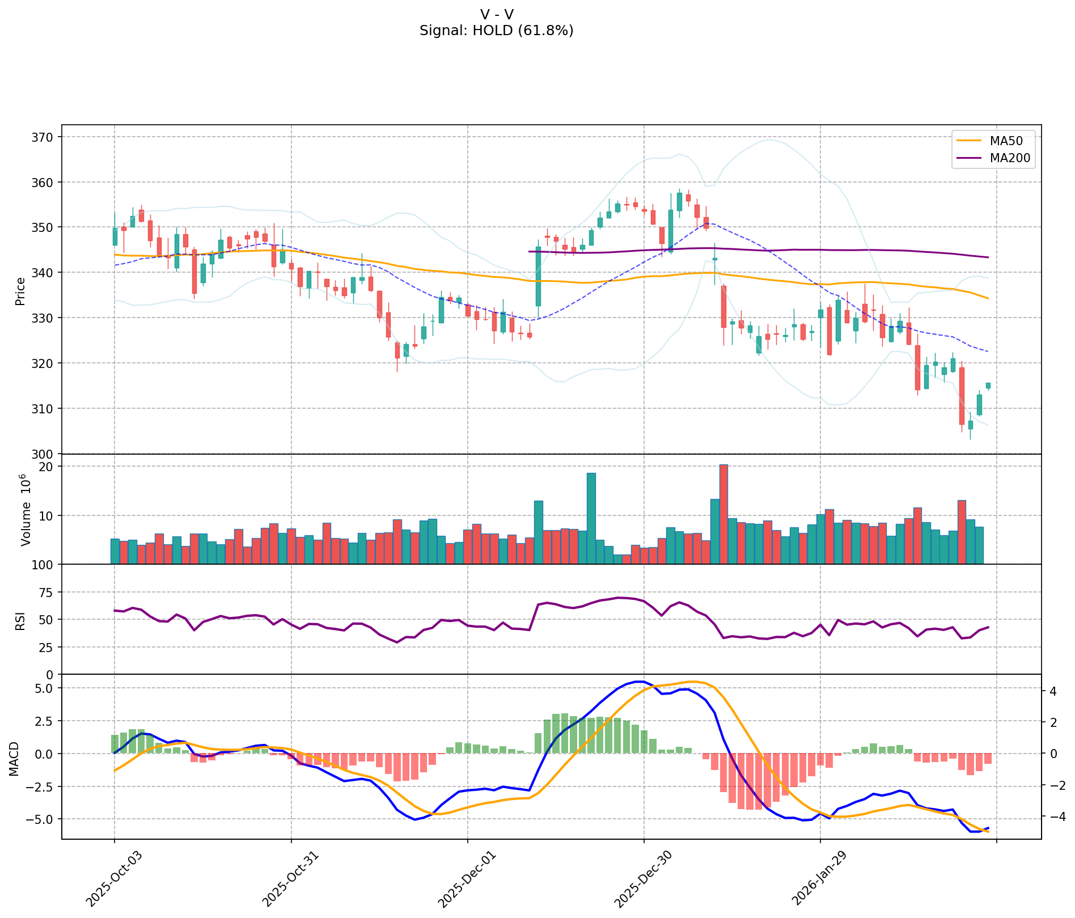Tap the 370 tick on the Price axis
(x=45, y=137)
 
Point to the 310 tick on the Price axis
(x=45, y=408)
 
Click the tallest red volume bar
(x=723, y=514)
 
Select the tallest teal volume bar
(x=591, y=518)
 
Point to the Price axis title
(x=20, y=291)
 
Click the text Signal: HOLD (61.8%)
(x=496, y=31)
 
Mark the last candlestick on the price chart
(x=988, y=386)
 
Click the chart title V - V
(x=496, y=15)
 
